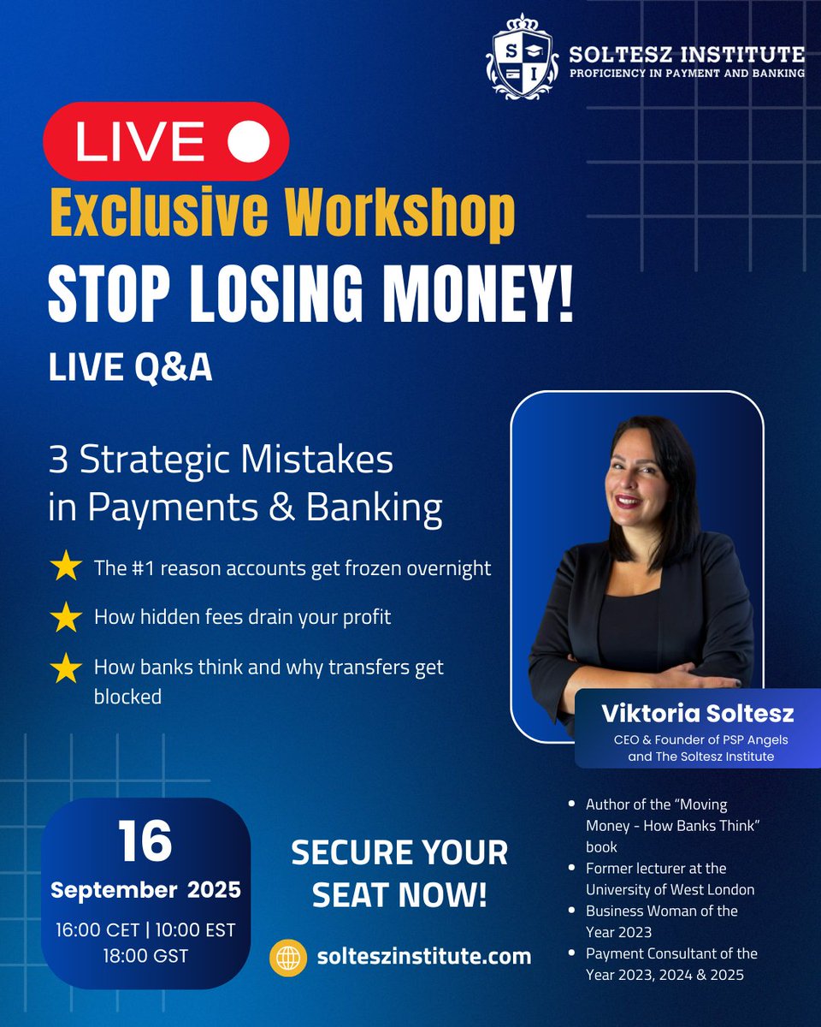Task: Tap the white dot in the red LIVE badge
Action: click(249, 141)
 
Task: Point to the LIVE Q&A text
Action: click(130, 367)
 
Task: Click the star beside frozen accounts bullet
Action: click(67, 567)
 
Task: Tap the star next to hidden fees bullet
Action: click(67, 618)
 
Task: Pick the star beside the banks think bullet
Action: click(67, 668)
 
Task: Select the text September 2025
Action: click(145, 889)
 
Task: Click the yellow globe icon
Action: click(288, 956)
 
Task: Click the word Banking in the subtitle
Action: click(390, 508)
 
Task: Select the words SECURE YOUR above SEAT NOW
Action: click(399, 852)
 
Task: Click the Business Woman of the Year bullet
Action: click(662, 920)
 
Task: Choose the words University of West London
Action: click(670, 888)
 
